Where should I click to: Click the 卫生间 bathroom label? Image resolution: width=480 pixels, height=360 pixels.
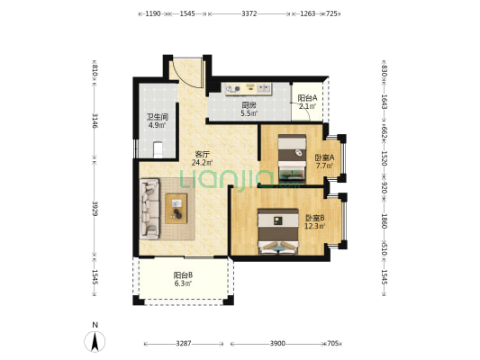[158, 116]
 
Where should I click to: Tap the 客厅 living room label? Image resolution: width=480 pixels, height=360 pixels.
[202, 155]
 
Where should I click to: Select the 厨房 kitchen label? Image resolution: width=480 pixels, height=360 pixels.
[249, 105]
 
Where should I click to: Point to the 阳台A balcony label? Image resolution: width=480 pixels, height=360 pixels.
[308, 98]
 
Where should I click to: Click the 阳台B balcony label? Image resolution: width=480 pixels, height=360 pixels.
[183, 275]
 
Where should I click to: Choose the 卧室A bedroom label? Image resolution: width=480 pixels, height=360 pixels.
[324, 157]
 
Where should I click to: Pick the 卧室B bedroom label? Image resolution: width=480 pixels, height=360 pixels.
[315, 218]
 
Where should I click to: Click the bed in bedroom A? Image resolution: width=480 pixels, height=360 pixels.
[292, 158]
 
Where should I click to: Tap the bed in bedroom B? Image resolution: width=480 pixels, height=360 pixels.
[278, 231]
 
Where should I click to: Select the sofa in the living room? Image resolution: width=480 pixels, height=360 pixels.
[149, 209]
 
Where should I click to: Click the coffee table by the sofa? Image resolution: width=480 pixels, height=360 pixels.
[176, 209]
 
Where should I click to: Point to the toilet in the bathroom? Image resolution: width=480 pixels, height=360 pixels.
[158, 149]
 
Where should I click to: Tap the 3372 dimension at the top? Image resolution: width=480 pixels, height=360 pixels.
[249, 13]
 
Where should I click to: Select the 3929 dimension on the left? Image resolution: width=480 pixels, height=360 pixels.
[95, 209]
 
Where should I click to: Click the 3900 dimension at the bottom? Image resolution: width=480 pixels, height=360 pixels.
[277, 344]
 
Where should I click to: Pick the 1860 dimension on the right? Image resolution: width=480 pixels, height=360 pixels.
[385, 220]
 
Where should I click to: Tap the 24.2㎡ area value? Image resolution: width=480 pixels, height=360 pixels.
[202, 162]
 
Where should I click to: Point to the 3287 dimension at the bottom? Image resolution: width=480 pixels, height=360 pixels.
[184, 344]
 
